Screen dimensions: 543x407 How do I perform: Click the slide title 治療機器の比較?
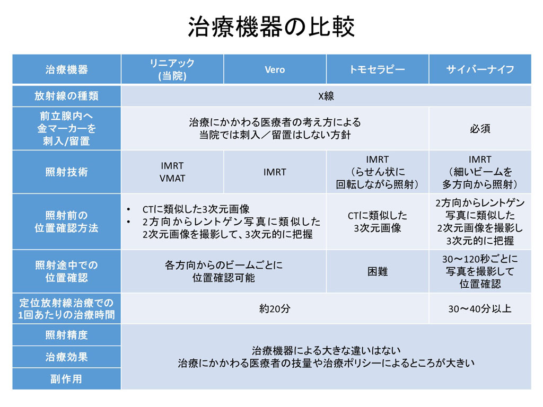tap(271, 26)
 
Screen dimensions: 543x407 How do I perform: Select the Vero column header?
tap(275, 69)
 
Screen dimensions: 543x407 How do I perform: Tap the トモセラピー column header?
tap(377, 69)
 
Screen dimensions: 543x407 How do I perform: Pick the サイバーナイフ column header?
tap(480, 69)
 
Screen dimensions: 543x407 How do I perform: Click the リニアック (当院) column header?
tap(172, 69)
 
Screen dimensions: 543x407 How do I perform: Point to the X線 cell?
tap(326, 96)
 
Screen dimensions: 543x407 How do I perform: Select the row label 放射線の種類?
tap(66, 96)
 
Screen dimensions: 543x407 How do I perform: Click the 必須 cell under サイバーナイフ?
tap(480, 129)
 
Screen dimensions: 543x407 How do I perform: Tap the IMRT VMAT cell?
tap(172, 172)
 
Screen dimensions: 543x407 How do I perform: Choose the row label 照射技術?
tap(66, 172)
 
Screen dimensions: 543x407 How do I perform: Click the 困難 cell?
tap(378, 272)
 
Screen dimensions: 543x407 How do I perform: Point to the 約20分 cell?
tap(275, 308)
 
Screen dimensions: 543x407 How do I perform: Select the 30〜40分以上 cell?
tap(480, 308)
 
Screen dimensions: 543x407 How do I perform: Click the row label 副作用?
tap(66, 379)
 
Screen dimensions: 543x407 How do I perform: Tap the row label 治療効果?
tap(66, 357)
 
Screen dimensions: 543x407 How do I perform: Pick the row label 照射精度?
tap(66, 335)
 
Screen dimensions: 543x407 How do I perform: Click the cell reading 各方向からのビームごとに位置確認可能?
tap(224, 271)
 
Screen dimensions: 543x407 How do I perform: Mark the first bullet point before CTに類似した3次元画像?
tap(128, 209)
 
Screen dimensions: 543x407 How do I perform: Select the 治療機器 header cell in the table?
tap(66, 69)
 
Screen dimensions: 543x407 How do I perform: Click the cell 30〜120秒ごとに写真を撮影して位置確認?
tap(480, 272)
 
